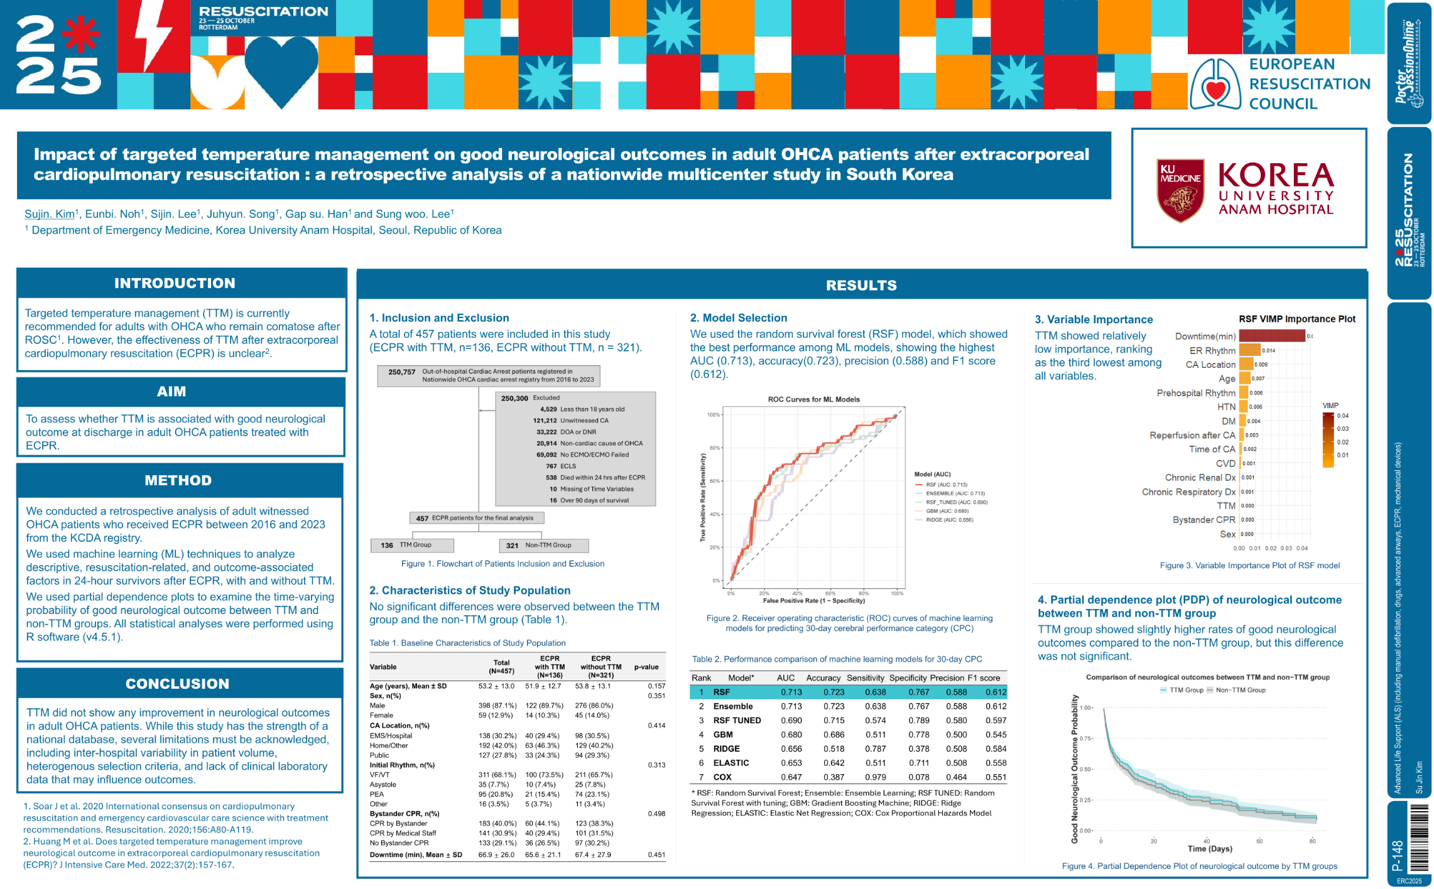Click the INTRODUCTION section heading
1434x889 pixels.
[175, 283]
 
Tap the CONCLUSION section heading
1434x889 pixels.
[177, 684]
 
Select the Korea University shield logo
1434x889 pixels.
[1180, 190]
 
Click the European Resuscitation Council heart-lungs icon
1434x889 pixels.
[1215, 85]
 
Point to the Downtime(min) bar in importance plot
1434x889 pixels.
[1272, 337]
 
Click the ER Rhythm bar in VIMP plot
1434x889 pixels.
[1250, 350]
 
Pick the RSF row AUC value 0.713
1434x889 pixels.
[791, 692]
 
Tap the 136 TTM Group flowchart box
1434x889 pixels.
[412, 545]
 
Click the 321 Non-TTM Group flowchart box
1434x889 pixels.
[543, 545]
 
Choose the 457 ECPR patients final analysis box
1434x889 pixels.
[477, 518]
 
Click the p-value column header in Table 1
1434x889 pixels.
[646, 667]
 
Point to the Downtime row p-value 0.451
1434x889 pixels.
[656, 854]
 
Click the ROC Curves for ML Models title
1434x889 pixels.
[813, 399]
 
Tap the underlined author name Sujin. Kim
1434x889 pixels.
[50, 214]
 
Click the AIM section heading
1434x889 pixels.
[171, 392]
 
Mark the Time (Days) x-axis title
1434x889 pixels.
[1209, 849]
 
